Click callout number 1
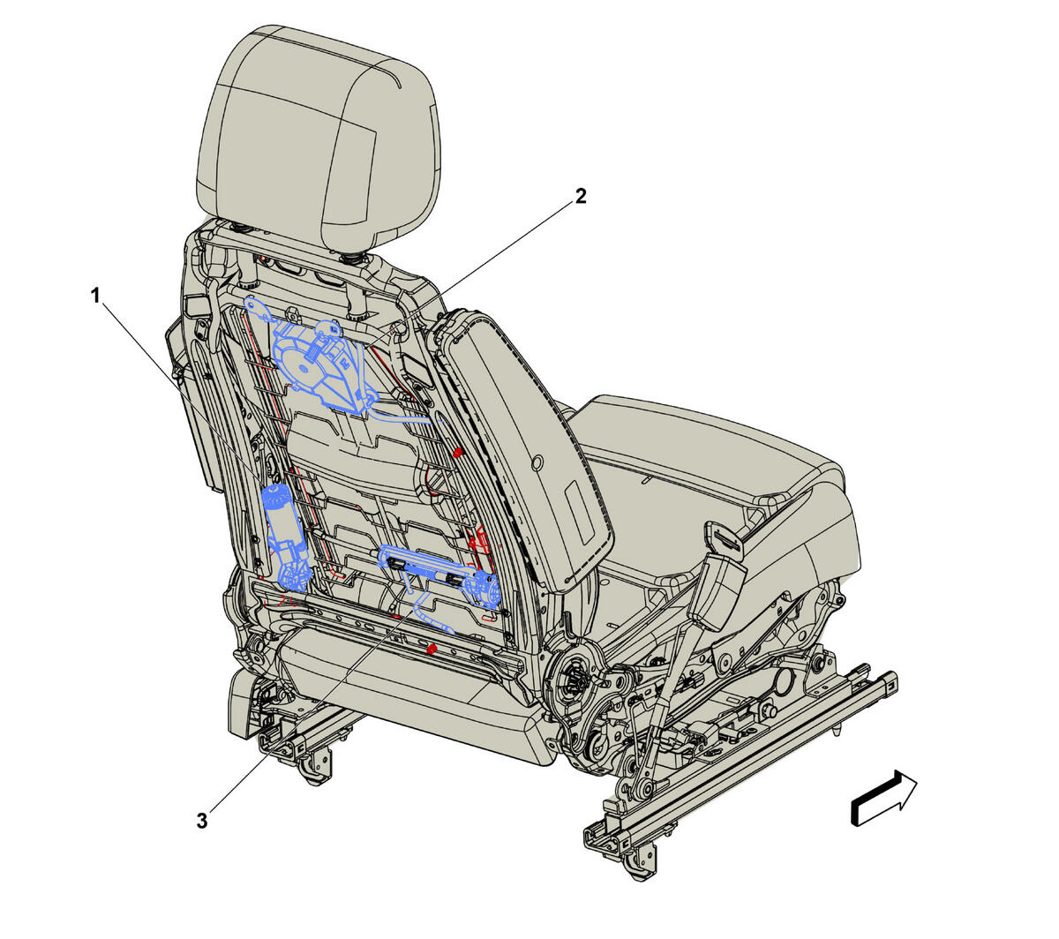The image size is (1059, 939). coord(94,296)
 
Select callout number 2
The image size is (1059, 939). coord(580,197)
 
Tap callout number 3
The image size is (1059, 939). coord(202,821)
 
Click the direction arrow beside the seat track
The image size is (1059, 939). coord(883,799)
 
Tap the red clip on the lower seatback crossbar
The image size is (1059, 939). coord(432,650)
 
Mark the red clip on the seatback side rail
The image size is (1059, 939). coord(457,451)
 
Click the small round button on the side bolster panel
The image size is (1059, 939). coord(537,462)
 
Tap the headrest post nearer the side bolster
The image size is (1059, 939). coord(358,287)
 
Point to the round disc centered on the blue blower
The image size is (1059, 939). coord(304,369)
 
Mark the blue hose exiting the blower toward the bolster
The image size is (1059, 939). coord(405,415)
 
